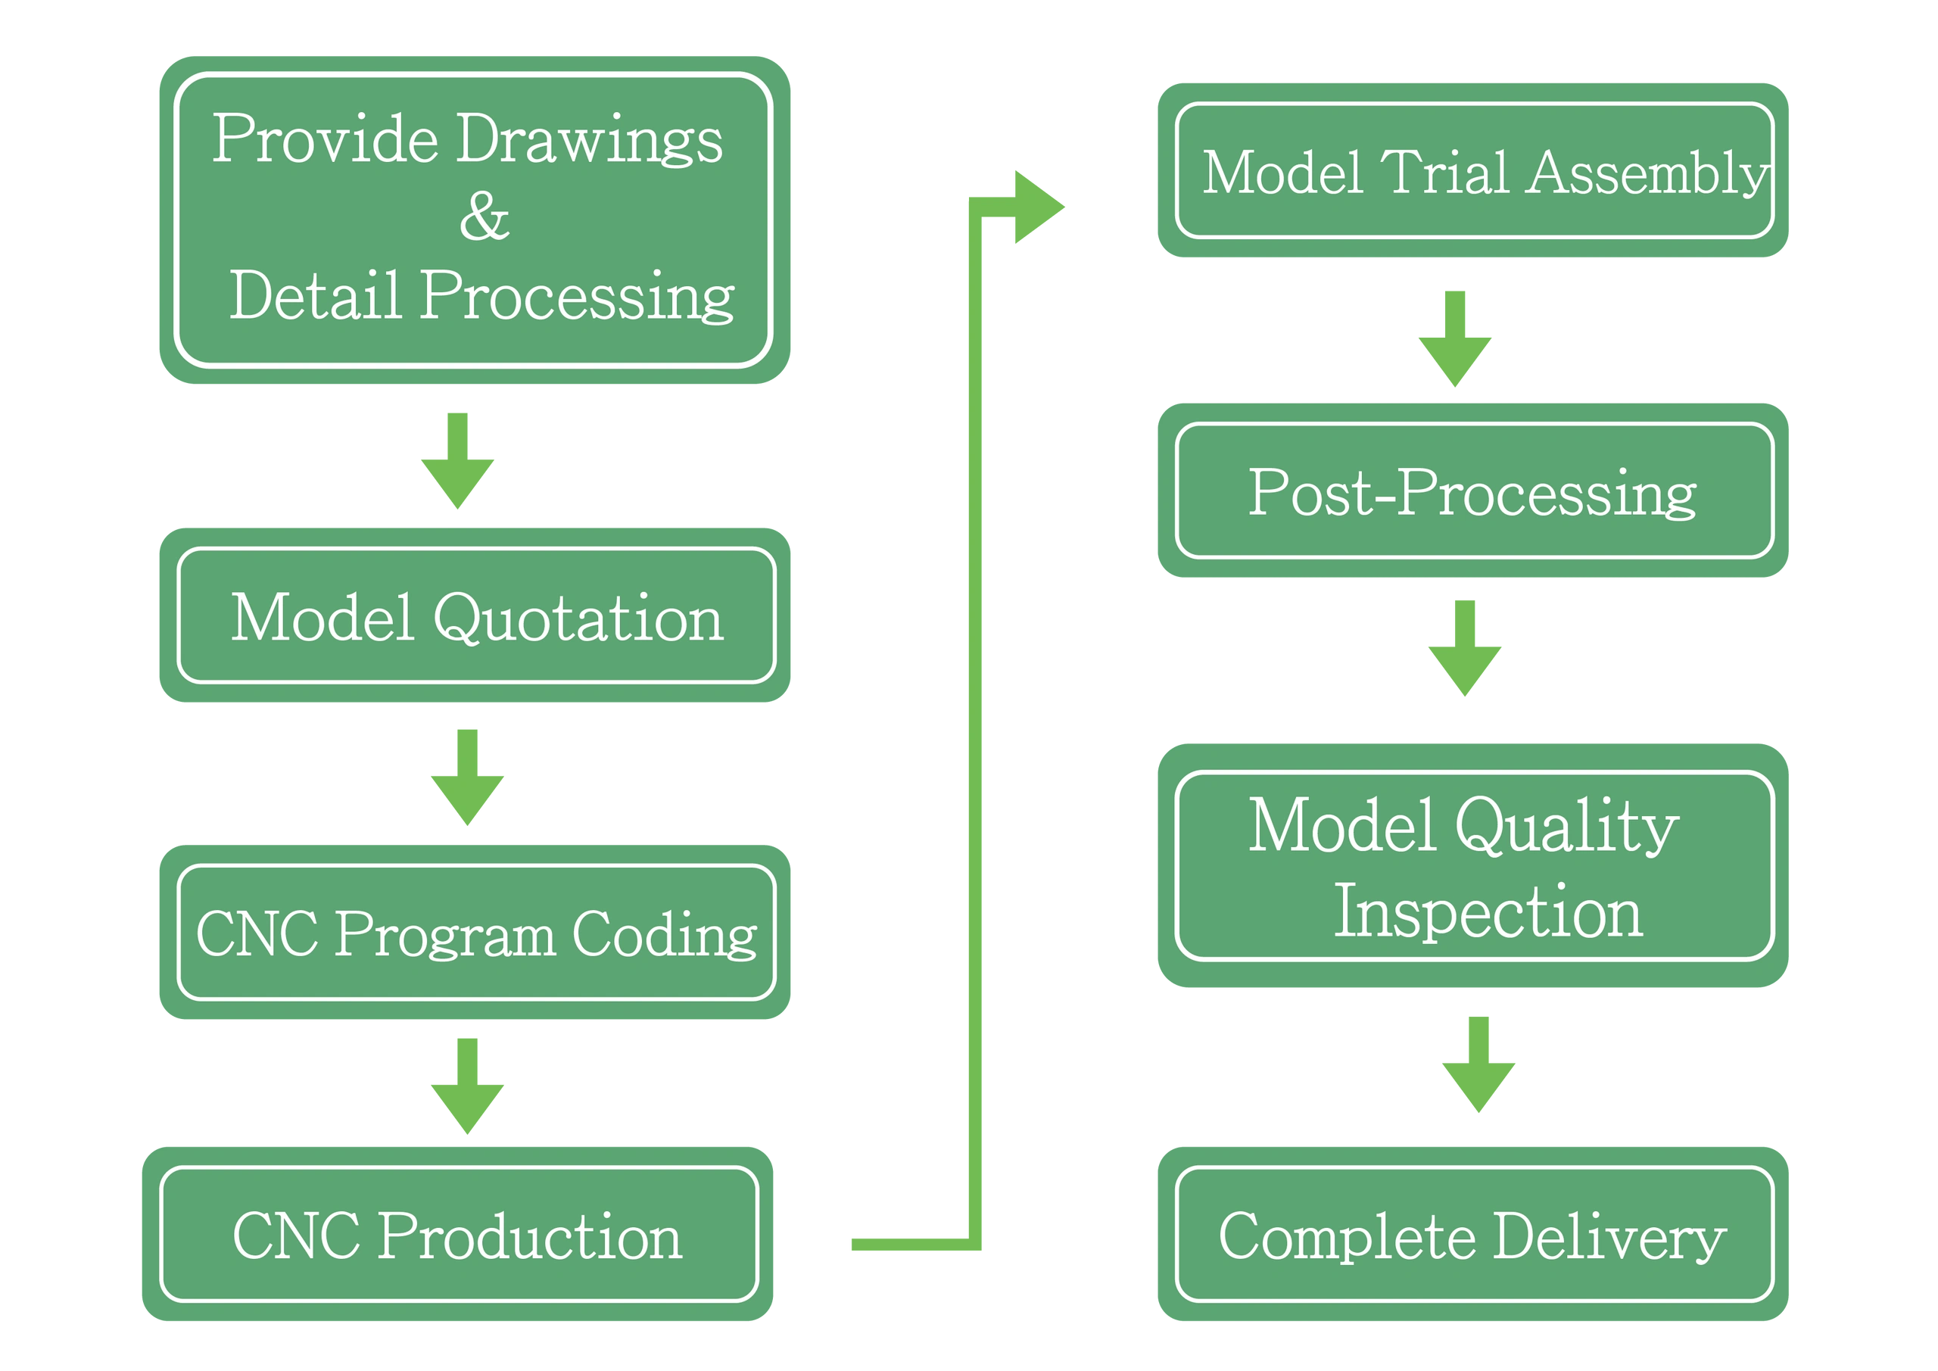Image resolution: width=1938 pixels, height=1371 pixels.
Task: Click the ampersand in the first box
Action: click(x=484, y=215)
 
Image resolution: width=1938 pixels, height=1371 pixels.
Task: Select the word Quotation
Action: click(x=578, y=618)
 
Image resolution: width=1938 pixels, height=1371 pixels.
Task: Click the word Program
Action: click(x=445, y=936)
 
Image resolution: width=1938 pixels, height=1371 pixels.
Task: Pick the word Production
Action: click(x=529, y=1236)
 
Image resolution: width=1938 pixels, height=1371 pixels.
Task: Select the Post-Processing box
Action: click(x=1473, y=491)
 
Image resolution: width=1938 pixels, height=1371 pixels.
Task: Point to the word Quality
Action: click(x=1566, y=827)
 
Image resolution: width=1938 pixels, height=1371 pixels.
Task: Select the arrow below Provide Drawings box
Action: click(x=457, y=461)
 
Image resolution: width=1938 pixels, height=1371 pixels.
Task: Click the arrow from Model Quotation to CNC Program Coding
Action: click(x=468, y=777)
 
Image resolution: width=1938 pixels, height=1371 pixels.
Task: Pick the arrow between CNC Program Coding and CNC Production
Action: click(x=468, y=1086)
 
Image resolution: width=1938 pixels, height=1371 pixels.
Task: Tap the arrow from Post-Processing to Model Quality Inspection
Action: click(x=1464, y=648)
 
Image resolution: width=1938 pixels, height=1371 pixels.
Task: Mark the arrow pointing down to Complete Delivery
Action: click(x=1478, y=1064)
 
